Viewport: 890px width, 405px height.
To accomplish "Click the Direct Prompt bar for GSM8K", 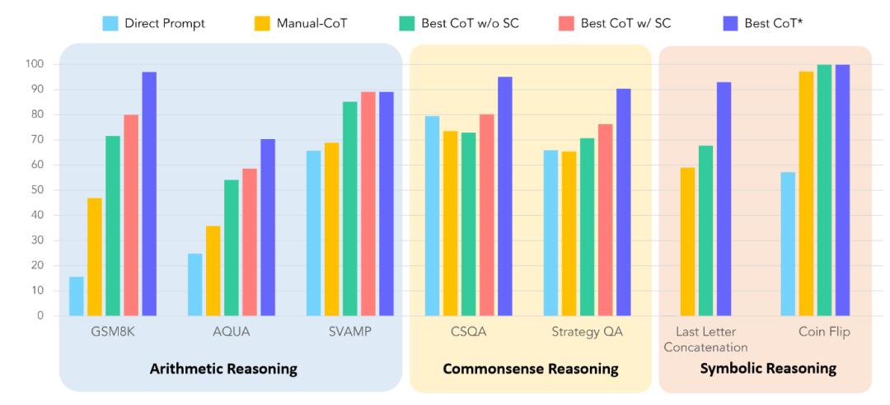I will click(76, 296).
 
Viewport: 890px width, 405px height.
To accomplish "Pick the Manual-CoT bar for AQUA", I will click(213, 271).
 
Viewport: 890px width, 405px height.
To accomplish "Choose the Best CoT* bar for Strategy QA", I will click(624, 202).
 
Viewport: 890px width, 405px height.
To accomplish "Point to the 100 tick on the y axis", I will click(37, 64).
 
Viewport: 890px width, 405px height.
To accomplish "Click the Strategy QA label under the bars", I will click(588, 333).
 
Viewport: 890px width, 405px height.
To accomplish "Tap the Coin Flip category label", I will click(824, 333).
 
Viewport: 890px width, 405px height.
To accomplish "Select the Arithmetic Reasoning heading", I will click(223, 369).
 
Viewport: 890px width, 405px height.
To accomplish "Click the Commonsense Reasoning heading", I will click(531, 369).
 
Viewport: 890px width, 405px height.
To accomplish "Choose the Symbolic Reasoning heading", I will click(768, 369).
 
